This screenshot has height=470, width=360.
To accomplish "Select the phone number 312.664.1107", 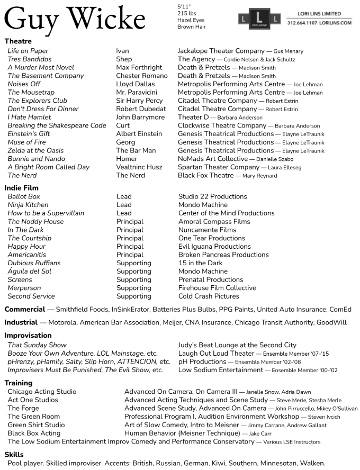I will [303, 23].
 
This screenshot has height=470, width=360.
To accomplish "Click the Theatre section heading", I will [18, 41].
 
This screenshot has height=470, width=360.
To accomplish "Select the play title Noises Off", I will [24, 84].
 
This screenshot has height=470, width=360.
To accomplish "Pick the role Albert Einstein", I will [139, 134].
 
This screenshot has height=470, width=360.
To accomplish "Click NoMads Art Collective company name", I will [212, 159].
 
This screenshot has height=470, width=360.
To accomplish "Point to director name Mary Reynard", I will [259, 176].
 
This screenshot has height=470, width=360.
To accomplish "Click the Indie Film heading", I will [22, 188].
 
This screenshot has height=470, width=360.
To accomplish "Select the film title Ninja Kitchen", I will [28, 205].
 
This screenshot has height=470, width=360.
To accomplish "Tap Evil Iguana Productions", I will [214, 247].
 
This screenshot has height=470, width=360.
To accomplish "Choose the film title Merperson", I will [24, 288].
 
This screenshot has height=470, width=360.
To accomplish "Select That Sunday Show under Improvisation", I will [37, 345].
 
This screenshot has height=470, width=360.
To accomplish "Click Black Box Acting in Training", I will [34, 433].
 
